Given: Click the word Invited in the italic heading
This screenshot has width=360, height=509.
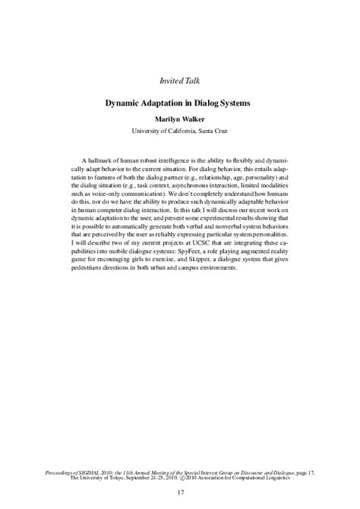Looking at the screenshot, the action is point(170,80).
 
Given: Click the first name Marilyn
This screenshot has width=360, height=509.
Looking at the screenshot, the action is point(169,119).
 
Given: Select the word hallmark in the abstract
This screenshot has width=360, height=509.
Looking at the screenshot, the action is point(110,162).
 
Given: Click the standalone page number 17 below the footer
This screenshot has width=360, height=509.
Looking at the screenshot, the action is point(180,495).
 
